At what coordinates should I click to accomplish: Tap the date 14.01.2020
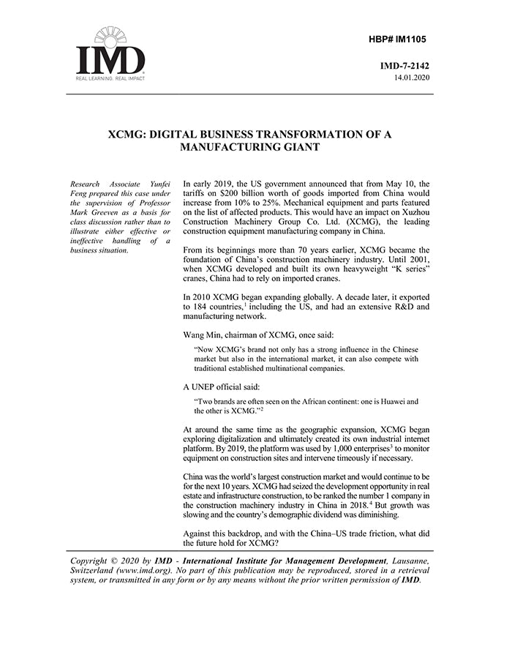(x=412, y=77)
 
